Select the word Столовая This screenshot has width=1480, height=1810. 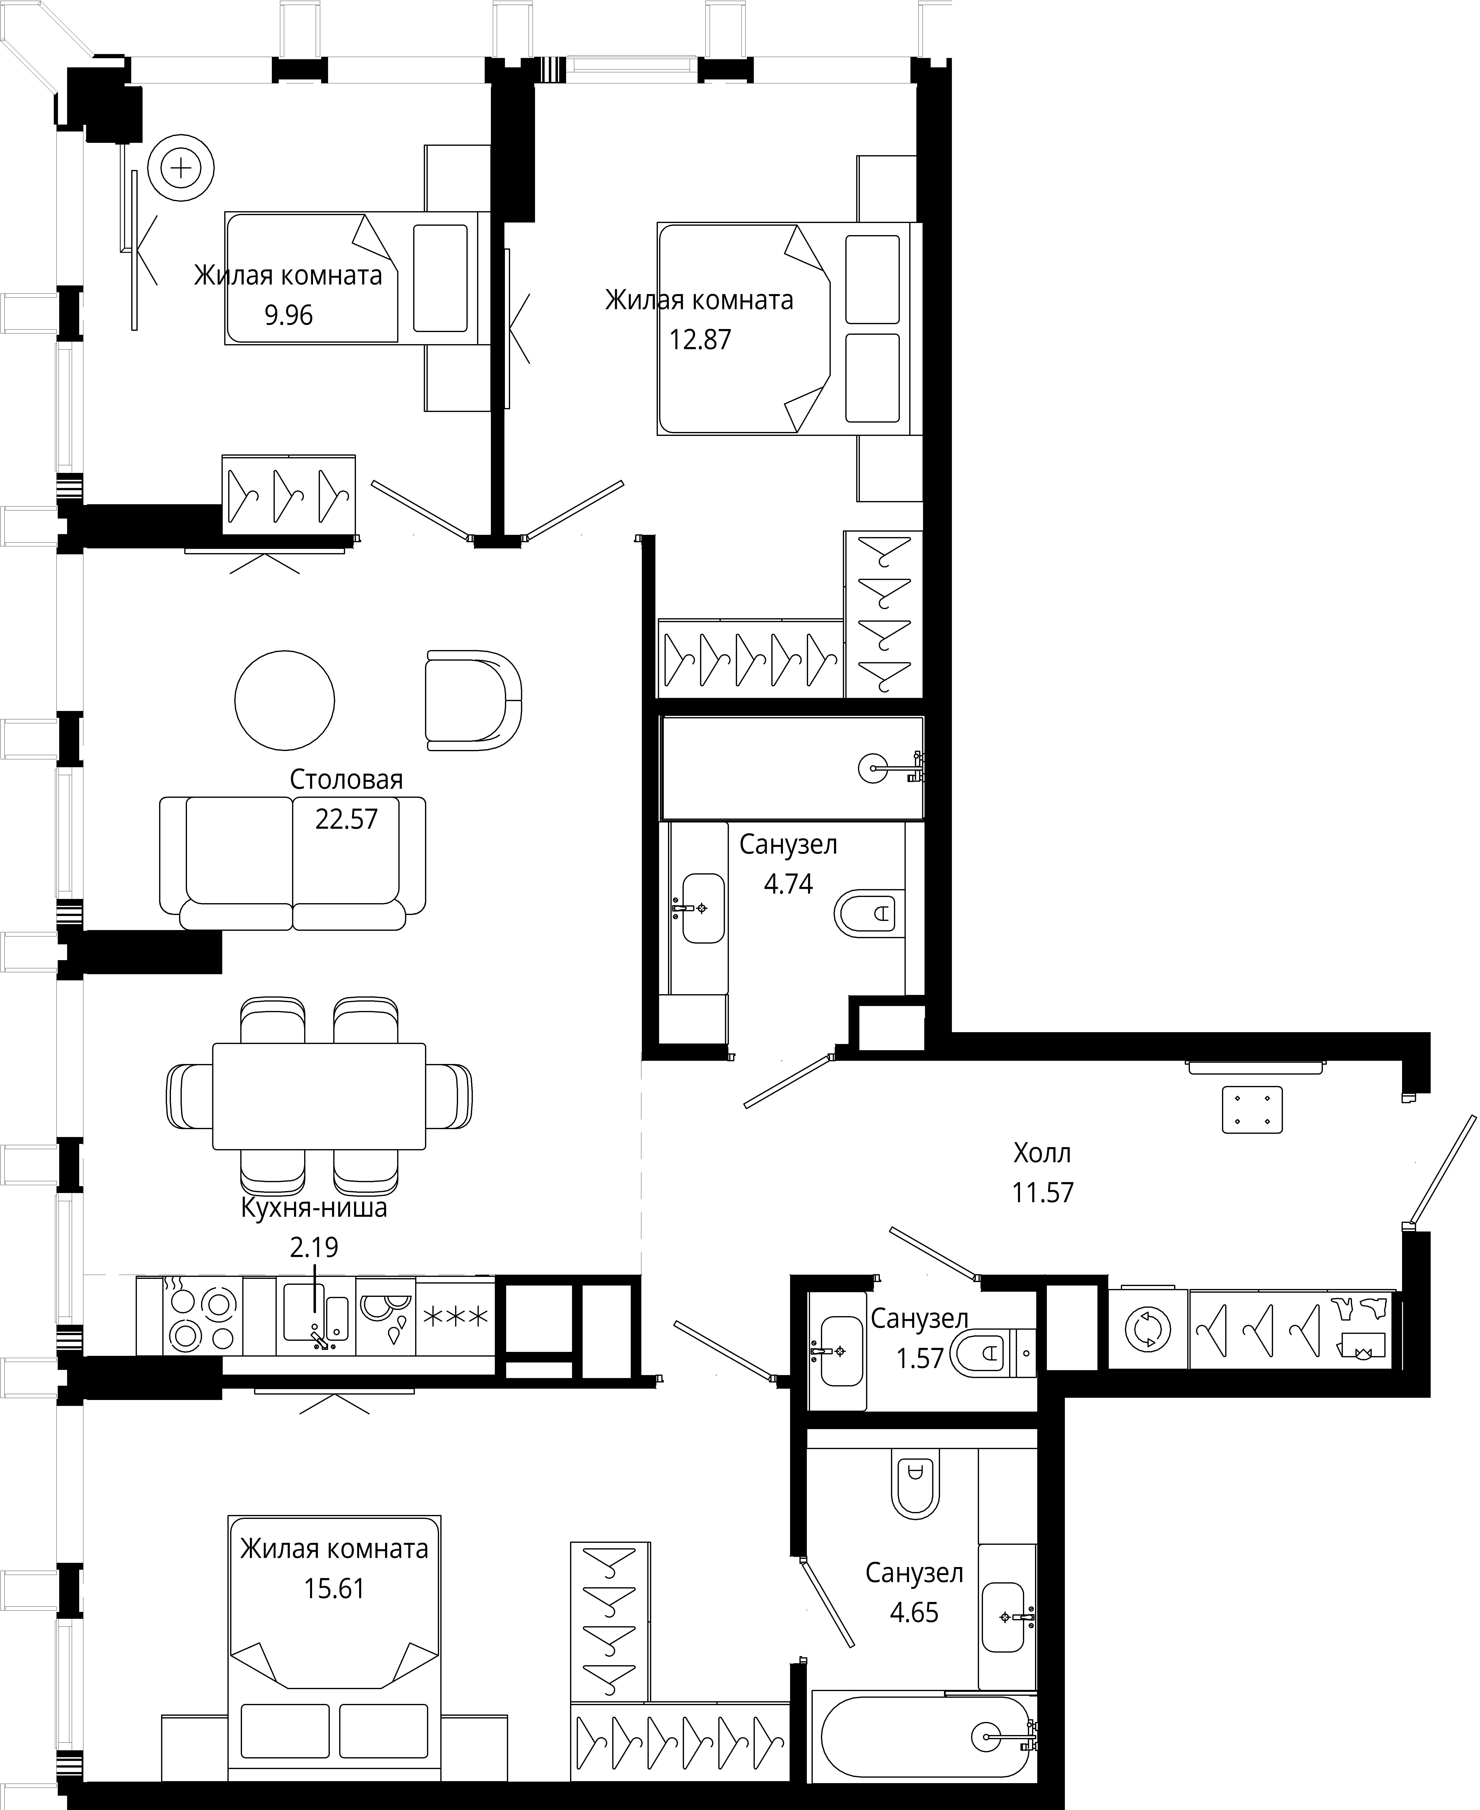point(346,779)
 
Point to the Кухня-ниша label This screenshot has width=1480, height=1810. point(314,1208)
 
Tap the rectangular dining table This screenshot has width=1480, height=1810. point(319,1096)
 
